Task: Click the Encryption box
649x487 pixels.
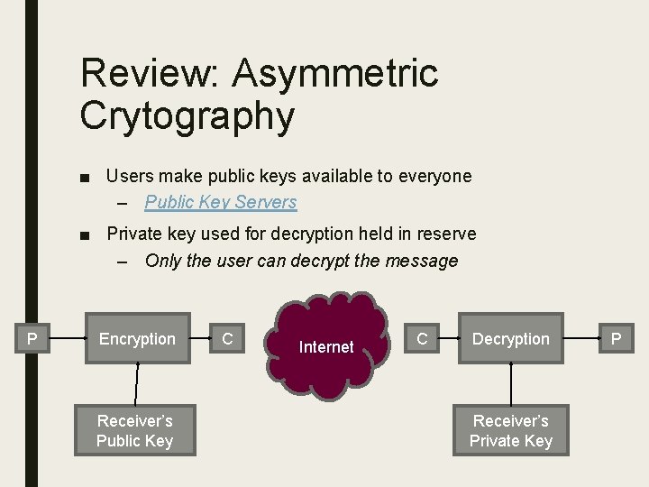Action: tap(137, 339)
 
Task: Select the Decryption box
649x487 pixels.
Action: tap(510, 339)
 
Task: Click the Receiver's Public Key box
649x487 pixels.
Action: tap(134, 431)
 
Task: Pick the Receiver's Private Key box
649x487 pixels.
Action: tap(511, 431)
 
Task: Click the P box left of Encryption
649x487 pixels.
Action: tap(32, 339)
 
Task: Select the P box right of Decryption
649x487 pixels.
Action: tap(617, 339)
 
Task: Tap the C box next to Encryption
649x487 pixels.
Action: tap(227, 339)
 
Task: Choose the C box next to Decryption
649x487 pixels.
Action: tap(421, 339)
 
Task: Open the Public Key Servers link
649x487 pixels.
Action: tap(220, 202)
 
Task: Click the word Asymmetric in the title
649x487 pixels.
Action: tap(334, 73)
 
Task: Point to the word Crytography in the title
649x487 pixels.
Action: tap(187, 115)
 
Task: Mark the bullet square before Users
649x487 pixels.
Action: tap(84, 177)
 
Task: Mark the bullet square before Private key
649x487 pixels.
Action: tap(84, 235)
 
